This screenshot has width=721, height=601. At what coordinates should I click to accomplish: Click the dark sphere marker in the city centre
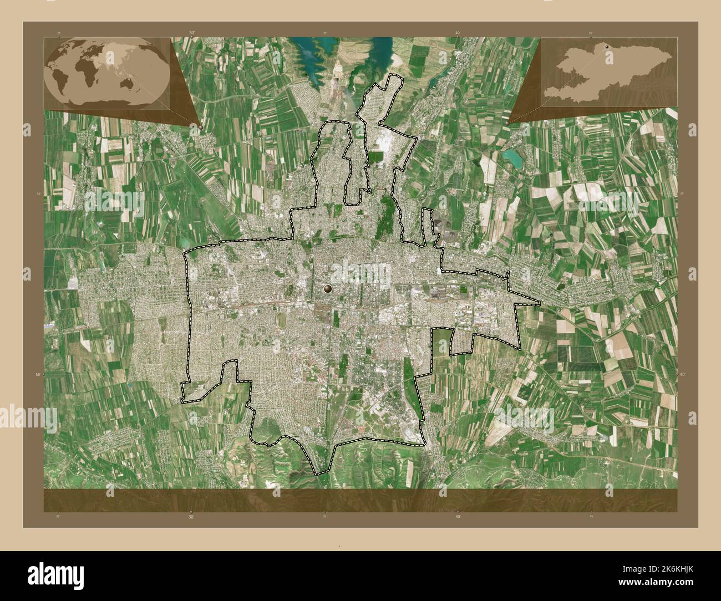328,288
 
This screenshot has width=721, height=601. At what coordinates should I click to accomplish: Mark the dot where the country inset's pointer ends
508,123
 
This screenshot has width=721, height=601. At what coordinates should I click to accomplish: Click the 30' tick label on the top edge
192,33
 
